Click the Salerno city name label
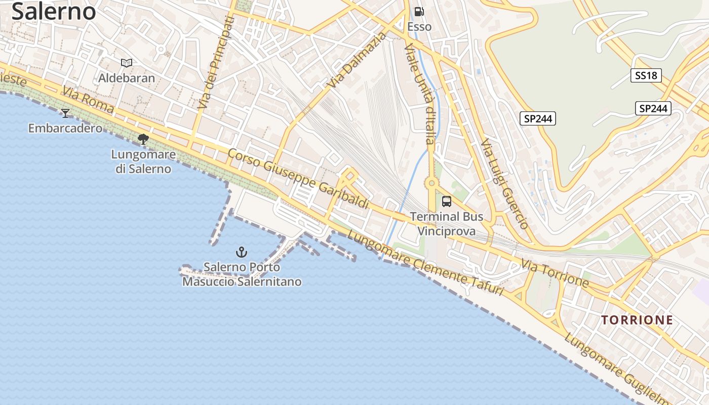pyautogui.click(x=54, y=11)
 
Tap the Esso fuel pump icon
pyautogui.click(x=419, y=12)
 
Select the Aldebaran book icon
pyautogui.click(x=127, y=63)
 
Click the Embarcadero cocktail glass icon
pyautogui.click(x=65, y=113)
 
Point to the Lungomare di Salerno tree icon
pyautogui.click(x=143, y=139)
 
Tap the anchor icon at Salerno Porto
pyautogui.click(x=242, y=252)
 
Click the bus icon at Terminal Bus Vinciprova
pyautogui.click(x=446, y=201)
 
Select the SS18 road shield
pyautogui.click(x=646, y=76)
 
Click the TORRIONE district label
pyautogui.click(x=637, y=320)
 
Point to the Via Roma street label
pyautogui.click(x=89, y=101)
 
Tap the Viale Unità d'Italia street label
pyautogui.click(x=420, y=94)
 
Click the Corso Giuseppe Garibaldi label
pyautogui.click(x=298, y=178)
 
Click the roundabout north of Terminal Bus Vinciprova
pyautogui.click(x=431, y=183)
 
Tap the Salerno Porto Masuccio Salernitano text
pyautogui.click(x=242, y=274)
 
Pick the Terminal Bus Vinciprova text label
pyautogui.click(x=446, y=224)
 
